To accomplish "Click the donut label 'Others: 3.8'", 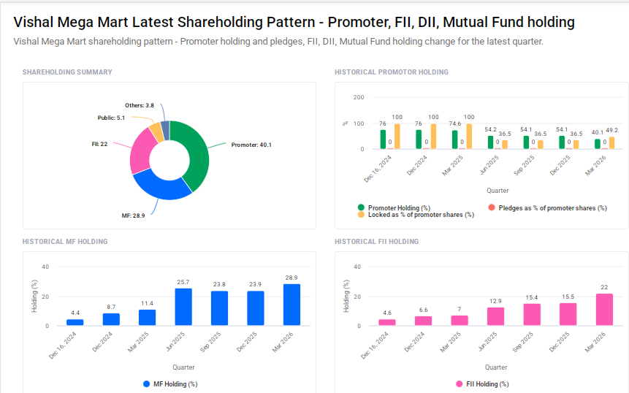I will pos(139,105).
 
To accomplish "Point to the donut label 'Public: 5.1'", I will pos(111,118).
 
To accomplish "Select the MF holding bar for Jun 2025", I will pos(183,307).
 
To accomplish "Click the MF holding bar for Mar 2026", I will pos(291,305).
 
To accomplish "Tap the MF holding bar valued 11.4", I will pos(147,318).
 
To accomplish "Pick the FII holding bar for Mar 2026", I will pos(604,310).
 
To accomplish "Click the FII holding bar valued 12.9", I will pos(496,316).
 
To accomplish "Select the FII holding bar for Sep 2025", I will pos(532,314).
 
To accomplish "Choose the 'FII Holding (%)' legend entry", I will pos(482,384).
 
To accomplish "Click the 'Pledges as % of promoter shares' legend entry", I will pos(547,208).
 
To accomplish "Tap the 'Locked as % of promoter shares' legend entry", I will pos(416,215).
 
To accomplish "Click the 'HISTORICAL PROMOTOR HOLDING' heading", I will pos(391,72).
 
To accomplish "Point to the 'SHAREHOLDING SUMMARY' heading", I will pos(67,72).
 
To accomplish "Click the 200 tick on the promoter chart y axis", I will pos(358,97).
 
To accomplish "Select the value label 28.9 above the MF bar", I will pos(291,278).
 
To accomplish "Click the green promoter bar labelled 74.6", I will pos(454,140).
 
